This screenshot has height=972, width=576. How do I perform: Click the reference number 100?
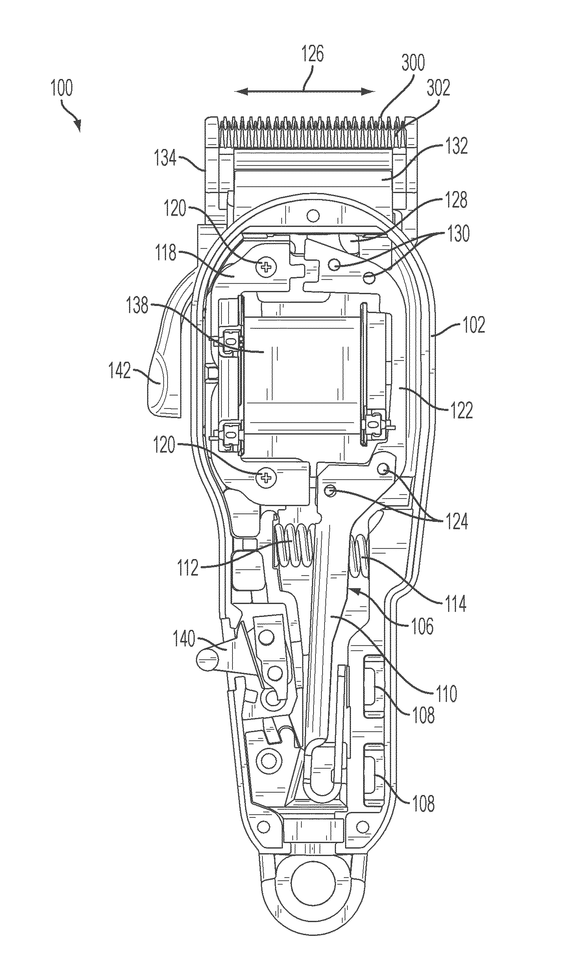[62, 89]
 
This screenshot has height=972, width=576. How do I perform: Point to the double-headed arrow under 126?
[305, 92]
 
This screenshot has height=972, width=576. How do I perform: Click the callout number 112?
[188, 567]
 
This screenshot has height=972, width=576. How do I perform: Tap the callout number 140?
[184, 639]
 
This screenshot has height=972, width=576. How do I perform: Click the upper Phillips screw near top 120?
[266, 268]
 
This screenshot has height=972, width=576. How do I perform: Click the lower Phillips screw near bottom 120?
[266, 478]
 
